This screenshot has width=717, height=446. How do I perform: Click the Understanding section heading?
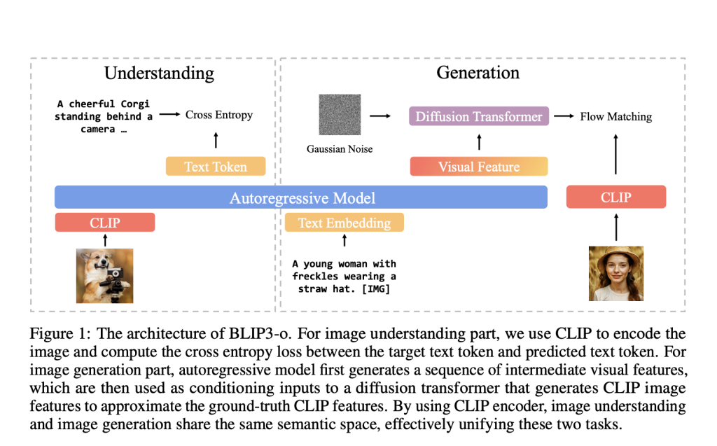click(159, 73)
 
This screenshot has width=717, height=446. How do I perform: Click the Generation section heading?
click(478, 73)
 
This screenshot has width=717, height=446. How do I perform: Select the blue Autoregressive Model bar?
click(302, 197)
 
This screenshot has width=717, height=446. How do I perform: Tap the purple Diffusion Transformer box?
click(479, 116)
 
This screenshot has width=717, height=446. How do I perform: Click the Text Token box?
click(216, 167)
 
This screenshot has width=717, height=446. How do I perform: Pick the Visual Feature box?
click(479, 167)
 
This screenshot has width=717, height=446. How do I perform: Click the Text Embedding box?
click(344, 223)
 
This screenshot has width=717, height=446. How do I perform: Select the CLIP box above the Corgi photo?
click(105, 223)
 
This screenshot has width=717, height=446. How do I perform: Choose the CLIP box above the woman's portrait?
click(615, 197)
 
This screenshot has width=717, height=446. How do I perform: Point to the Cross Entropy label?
click(218, 115)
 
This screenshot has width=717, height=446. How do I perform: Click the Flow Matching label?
click(615, 116)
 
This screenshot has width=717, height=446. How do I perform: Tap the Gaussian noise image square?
click(340, 115)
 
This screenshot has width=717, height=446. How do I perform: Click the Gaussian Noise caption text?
click(340, 149)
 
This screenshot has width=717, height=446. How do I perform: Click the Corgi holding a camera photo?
click(104, 276)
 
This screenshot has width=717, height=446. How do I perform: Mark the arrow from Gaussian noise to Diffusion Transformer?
click(380, 116)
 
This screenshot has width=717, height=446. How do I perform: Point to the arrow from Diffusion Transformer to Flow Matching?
click(564, 116)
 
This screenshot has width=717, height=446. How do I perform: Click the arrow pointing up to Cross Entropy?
click(216, 140)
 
